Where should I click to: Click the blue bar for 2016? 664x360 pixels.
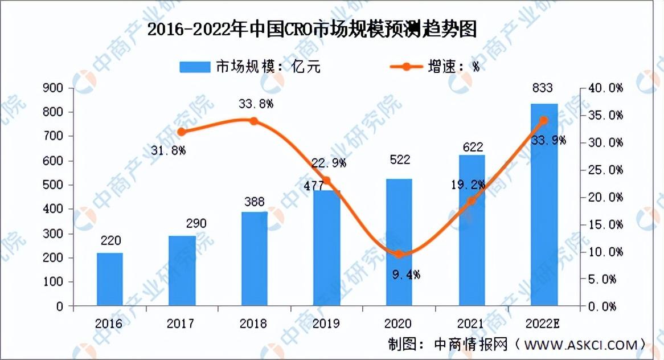(110, 279)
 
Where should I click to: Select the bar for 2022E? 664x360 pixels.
(544, 204)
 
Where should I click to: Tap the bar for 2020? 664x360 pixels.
(399, 242)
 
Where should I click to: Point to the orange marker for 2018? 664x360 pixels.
(253, 121)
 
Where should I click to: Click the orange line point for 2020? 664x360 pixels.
(399, 254)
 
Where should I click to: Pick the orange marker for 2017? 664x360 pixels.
(182, 132)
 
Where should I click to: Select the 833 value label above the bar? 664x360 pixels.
(543, 88)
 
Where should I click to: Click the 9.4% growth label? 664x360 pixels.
(406, 275)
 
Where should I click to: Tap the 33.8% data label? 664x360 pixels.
(256, 103)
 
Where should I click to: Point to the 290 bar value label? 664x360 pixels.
(196, 223)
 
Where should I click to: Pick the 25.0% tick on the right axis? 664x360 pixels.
(605, 170)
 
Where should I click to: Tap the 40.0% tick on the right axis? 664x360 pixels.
(605, 88)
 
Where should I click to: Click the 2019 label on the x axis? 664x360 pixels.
(326, 324)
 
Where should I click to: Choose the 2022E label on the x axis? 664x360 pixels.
(543, 324)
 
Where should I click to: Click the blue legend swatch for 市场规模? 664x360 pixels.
(195, 67)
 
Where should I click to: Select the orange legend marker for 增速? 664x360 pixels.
(406, 67)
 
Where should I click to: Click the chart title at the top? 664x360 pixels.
(312, 29)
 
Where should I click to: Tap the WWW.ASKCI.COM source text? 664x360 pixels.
(581, 345)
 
